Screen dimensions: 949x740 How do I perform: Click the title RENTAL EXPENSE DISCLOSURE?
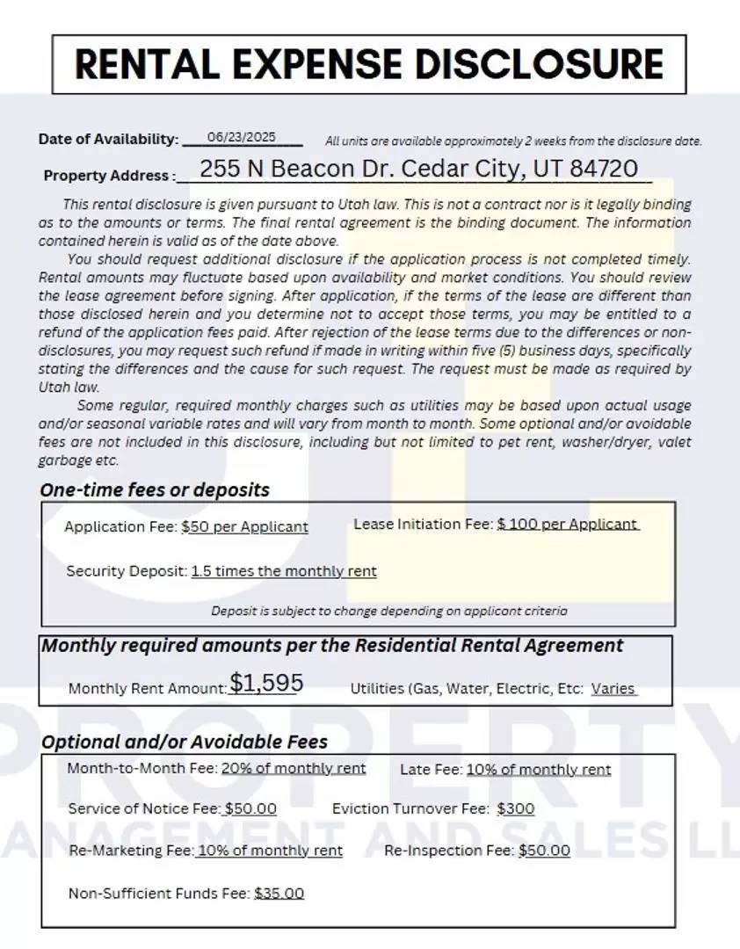pos(369,64)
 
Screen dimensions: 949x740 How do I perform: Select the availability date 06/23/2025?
pos(242,137)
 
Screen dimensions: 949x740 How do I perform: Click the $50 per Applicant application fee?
pos(244,527)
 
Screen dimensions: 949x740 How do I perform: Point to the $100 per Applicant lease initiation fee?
pos(567,524)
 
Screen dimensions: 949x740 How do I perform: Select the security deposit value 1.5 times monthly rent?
pos(284,571)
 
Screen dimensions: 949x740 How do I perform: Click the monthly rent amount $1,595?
pos(266,684)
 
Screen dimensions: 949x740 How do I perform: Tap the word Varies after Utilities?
pos(613,689)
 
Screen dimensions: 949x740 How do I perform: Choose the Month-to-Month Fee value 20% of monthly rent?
pos(294,768)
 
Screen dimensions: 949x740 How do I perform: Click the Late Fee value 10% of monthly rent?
pos(538,770)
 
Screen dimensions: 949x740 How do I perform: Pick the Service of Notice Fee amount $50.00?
pos(250,808)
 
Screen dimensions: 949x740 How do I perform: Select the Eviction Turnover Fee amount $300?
pos(515,808)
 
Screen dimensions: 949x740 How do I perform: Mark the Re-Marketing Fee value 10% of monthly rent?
pos(270,851)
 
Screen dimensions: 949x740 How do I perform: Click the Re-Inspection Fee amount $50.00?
pos(544,851)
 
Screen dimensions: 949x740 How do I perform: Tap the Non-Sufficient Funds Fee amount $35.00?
pos(279,894)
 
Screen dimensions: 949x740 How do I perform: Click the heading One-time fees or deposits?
pos(155,489)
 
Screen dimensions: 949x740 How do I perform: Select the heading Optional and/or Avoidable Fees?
pos(185,742)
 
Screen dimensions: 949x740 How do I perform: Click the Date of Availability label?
pos(108,139)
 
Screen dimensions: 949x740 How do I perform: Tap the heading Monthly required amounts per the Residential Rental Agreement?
pos(332,646)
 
